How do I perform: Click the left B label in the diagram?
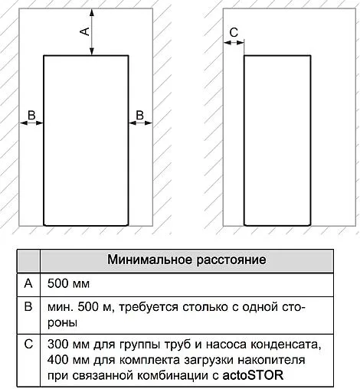(31, 115)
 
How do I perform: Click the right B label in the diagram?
(139, 115)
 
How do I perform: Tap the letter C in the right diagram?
(234, 31)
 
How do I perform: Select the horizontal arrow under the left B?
(31, 125)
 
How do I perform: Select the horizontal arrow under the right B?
(139, 125)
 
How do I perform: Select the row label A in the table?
(28, 283)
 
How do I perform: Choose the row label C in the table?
(28, 343)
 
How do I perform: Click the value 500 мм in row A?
(68, 283)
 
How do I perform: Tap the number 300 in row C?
(58, 343)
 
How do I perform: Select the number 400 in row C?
(58, 359)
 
